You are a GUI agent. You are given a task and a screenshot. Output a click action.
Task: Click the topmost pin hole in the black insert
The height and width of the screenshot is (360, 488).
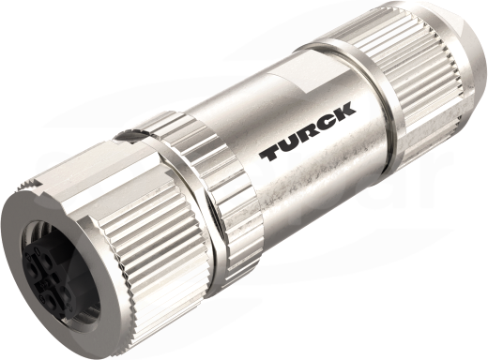[47, 259]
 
